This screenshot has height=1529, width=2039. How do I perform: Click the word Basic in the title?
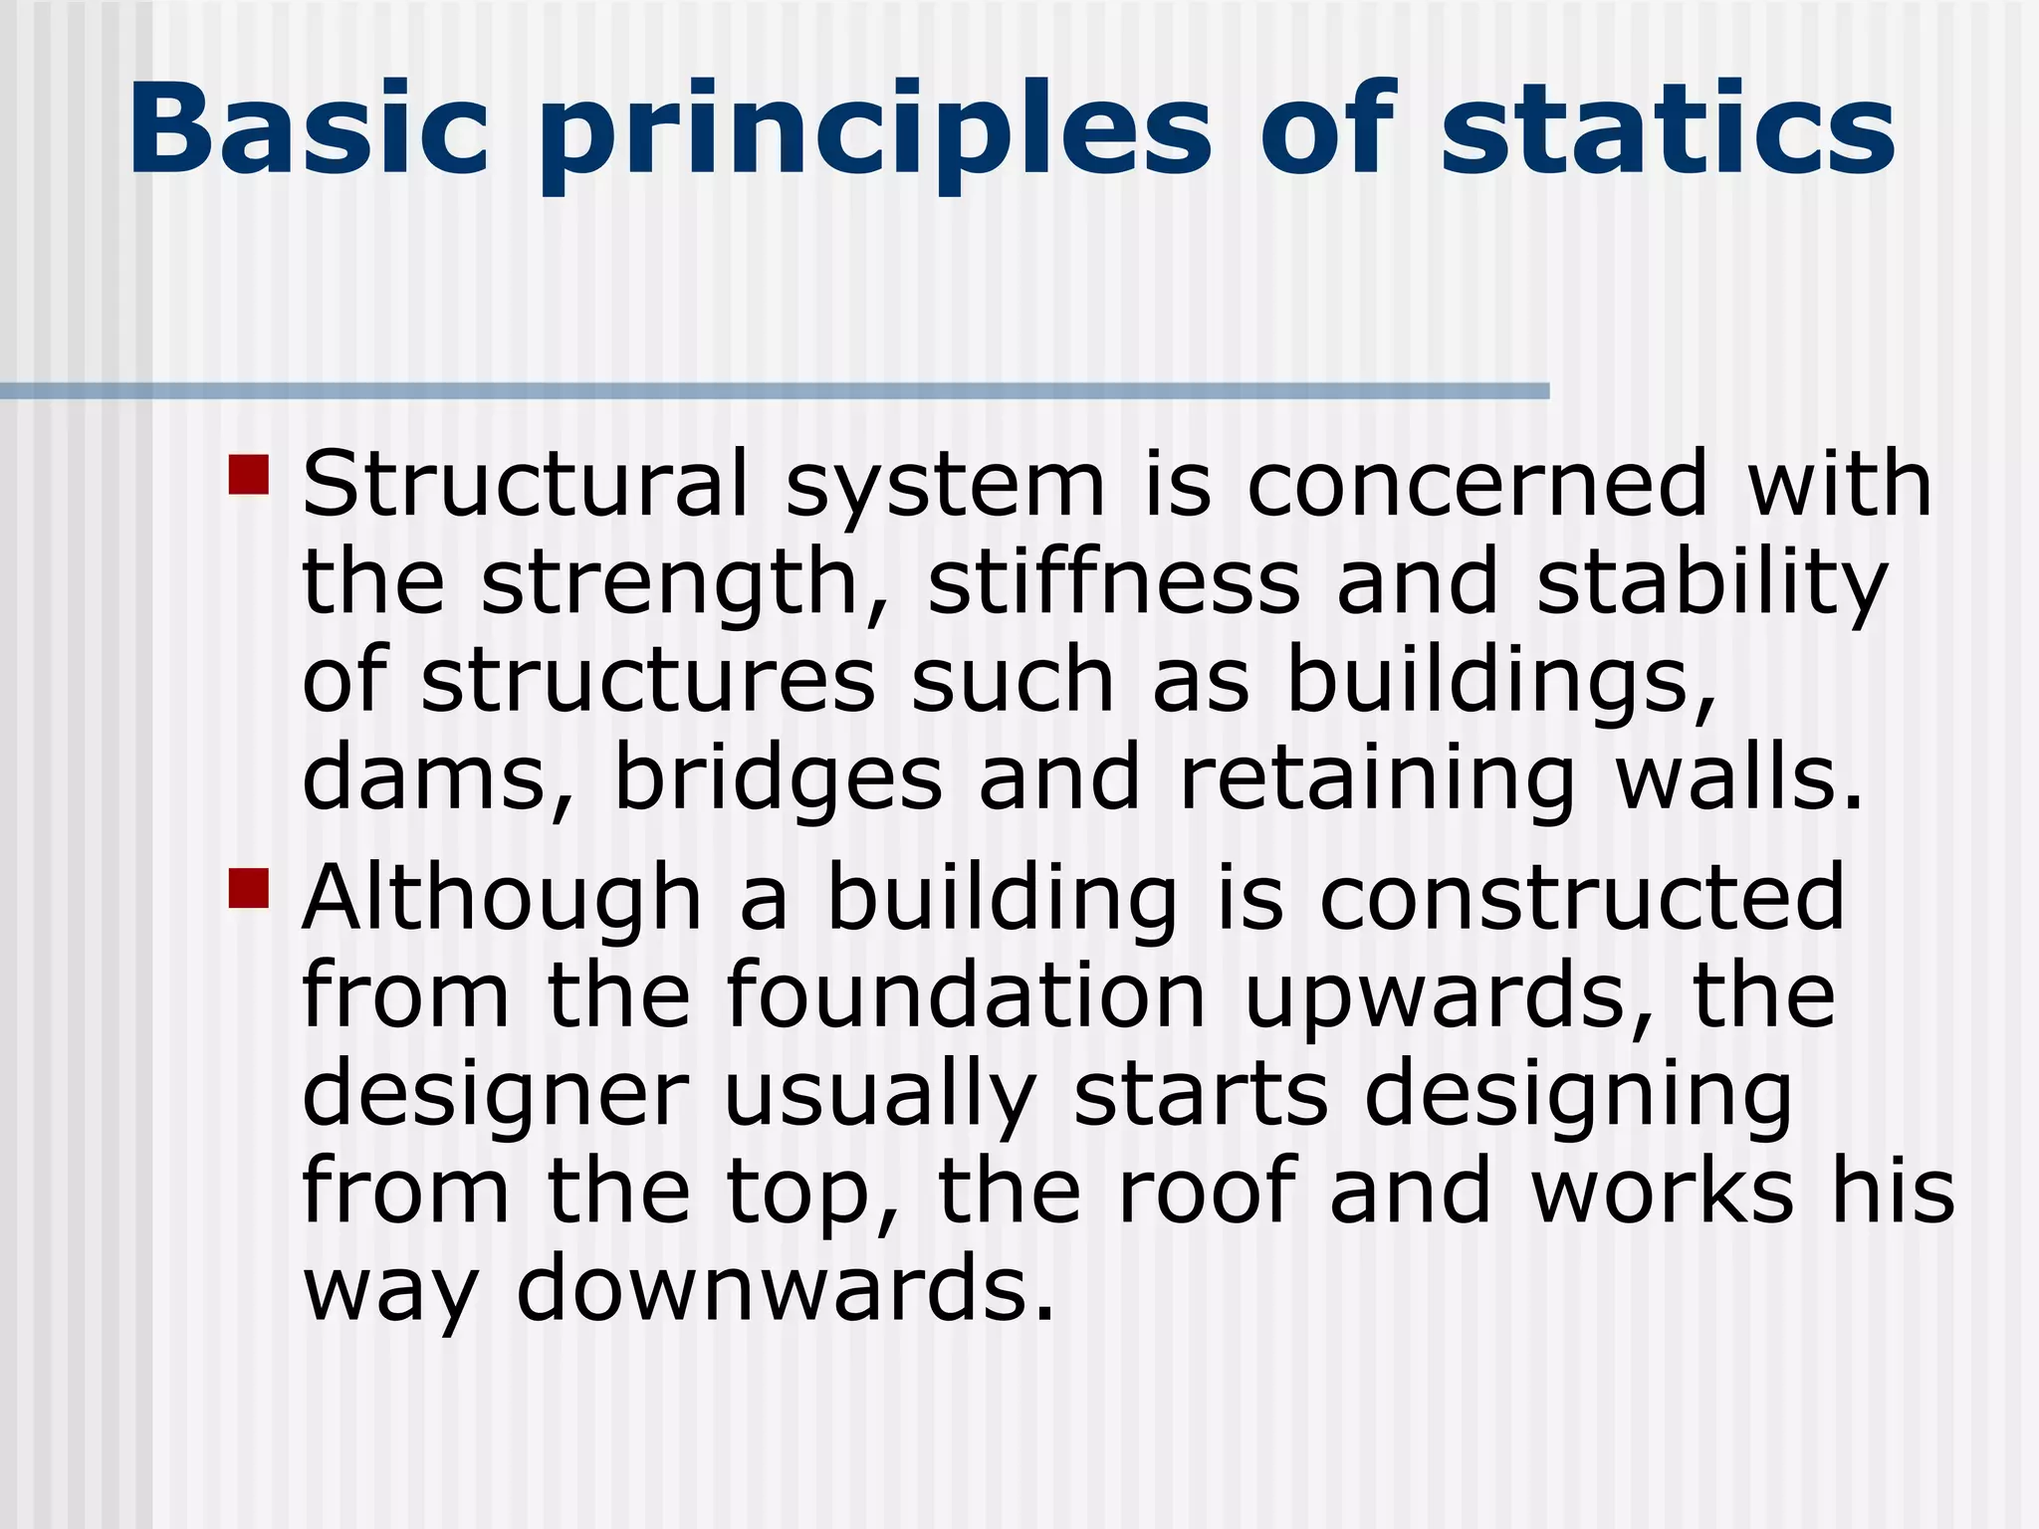point(309,129)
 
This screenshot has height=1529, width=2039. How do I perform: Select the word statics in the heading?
point(1668,129)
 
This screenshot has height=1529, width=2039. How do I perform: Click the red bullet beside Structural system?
point(249,475)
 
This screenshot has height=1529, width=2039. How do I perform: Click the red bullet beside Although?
point(249,889)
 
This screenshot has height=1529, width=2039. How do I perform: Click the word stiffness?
point(1113,582)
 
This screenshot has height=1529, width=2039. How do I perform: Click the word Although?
point(503,899)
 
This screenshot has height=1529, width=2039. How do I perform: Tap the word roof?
point(1206,1192)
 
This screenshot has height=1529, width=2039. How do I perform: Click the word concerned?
point(1477,485)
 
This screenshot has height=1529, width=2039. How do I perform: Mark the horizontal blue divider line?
point(775,391)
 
